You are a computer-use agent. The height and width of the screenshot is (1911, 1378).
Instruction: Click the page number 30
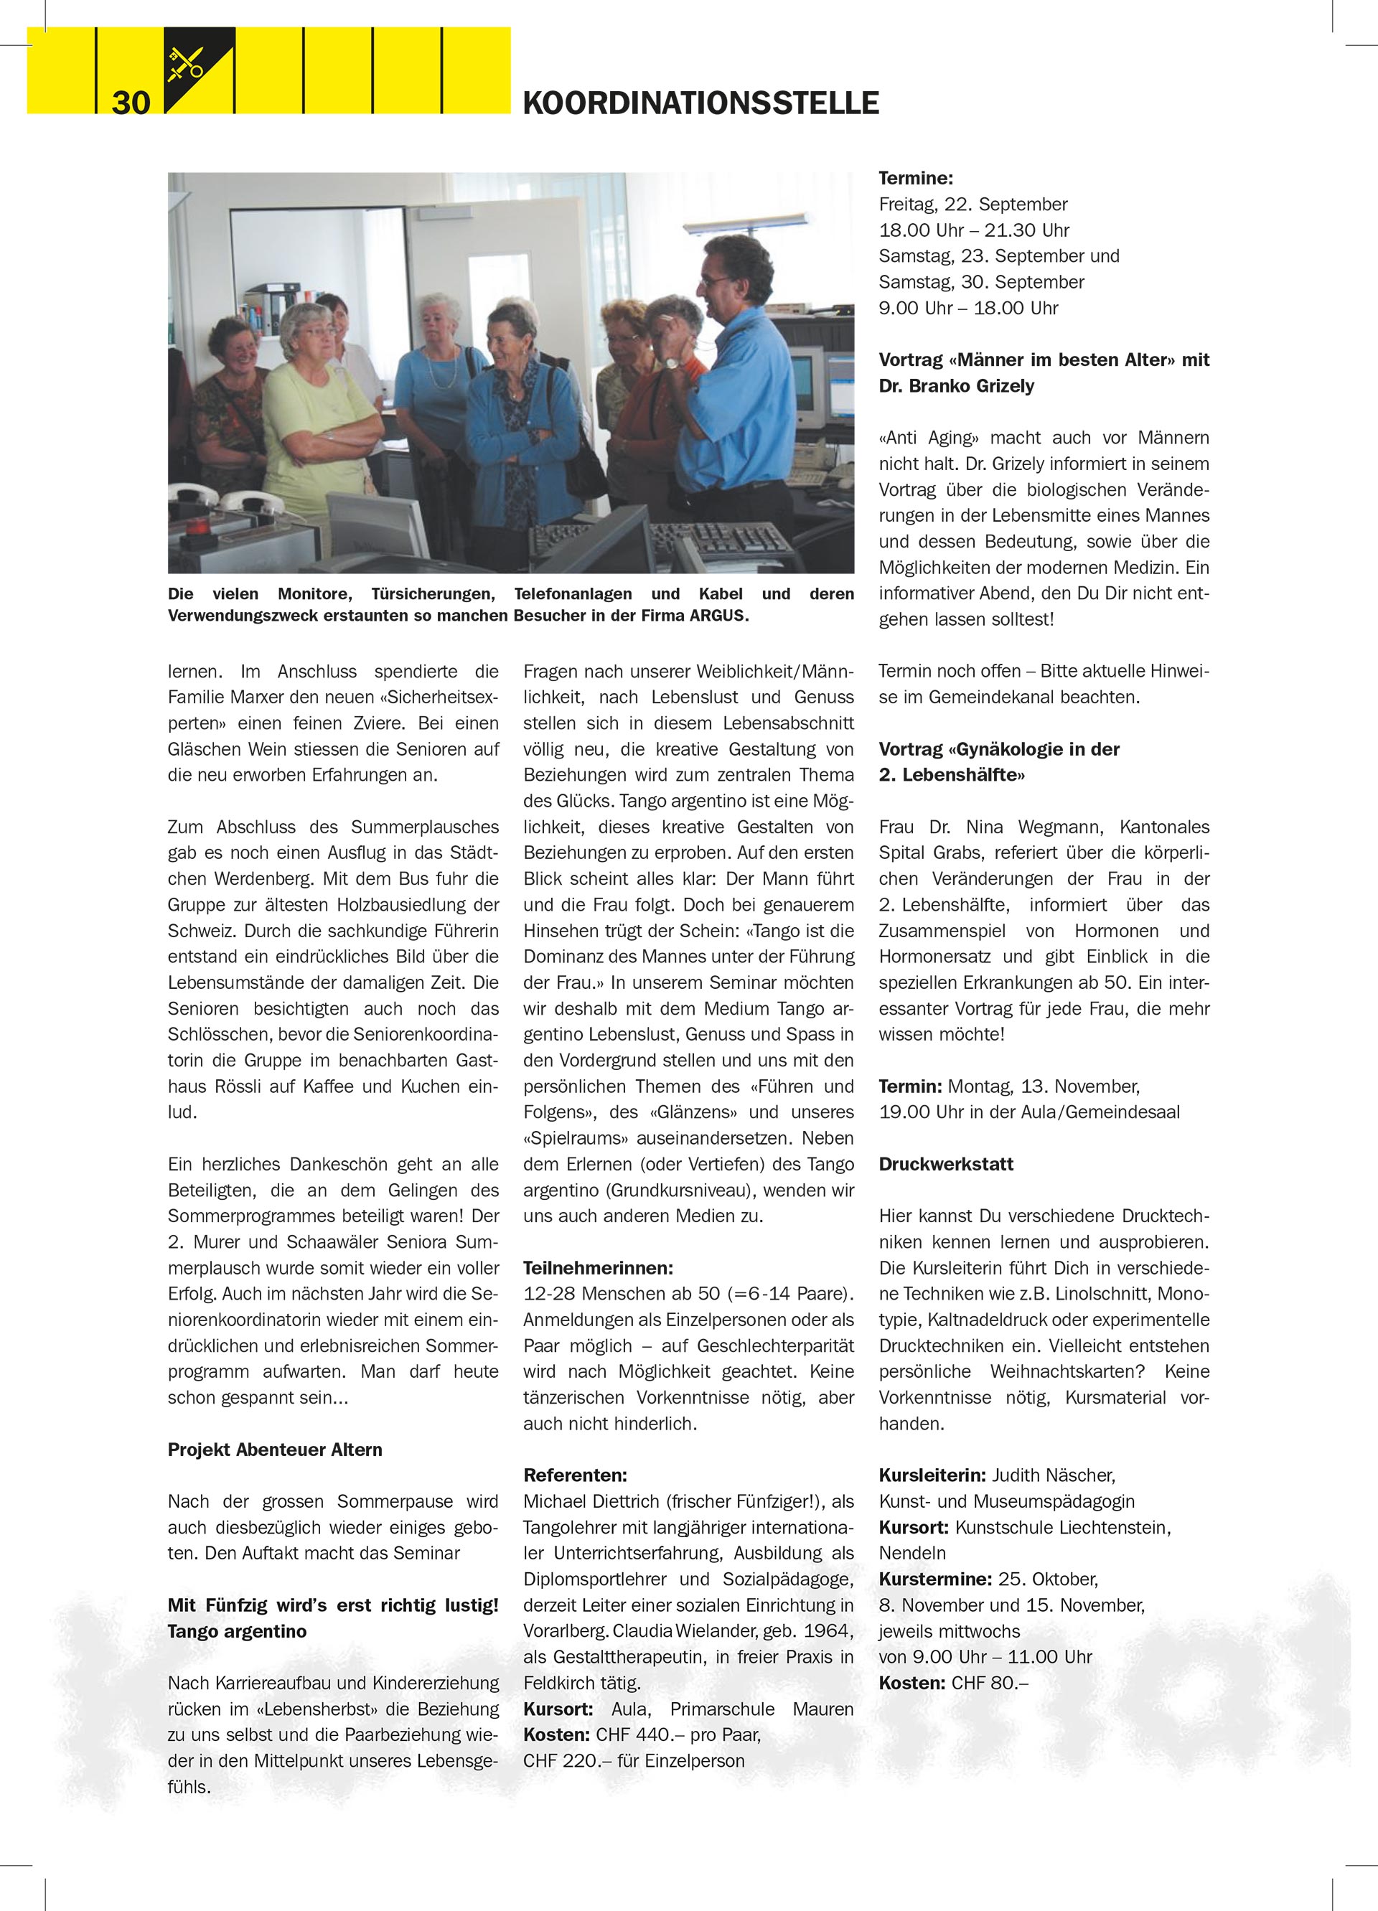click(131, 103)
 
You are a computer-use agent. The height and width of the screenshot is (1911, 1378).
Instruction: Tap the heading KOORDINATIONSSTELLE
click(700, 103)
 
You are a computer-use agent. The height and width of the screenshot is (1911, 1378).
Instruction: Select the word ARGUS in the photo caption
click(718, 616)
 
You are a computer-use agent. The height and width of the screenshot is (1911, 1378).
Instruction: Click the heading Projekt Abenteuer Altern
click(275, 1450)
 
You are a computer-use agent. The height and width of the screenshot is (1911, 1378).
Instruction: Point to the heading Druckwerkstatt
click(946, 1164)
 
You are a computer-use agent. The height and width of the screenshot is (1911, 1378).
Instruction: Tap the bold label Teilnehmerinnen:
click(598, 1267)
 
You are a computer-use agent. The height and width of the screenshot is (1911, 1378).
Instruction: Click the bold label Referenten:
click(575, 1475)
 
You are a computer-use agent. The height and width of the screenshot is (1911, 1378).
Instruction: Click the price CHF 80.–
click(990, 1683)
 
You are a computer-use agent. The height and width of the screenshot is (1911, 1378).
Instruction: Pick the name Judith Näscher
click(1053, 1475)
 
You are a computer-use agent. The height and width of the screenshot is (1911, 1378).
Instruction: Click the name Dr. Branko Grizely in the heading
click(956, 386)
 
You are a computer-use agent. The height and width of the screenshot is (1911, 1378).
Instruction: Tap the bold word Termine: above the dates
click(915, 178)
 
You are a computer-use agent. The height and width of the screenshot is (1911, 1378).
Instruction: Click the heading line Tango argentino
click(237, 1630)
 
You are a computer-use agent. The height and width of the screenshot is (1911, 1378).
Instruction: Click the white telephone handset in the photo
click(250, 503)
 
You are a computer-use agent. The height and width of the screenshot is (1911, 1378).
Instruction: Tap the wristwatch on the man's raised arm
click(671, 362)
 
